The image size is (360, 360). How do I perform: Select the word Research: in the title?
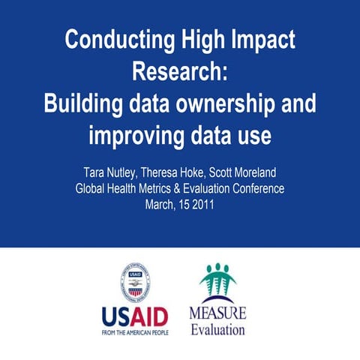(x=179, y=72)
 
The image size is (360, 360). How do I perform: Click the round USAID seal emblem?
(x=135, y=280)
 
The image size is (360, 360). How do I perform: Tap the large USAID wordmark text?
(x=135, y=314)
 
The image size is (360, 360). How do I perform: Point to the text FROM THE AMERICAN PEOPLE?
(x=135, y=331)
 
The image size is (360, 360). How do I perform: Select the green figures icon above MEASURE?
(x=219, y=282)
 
